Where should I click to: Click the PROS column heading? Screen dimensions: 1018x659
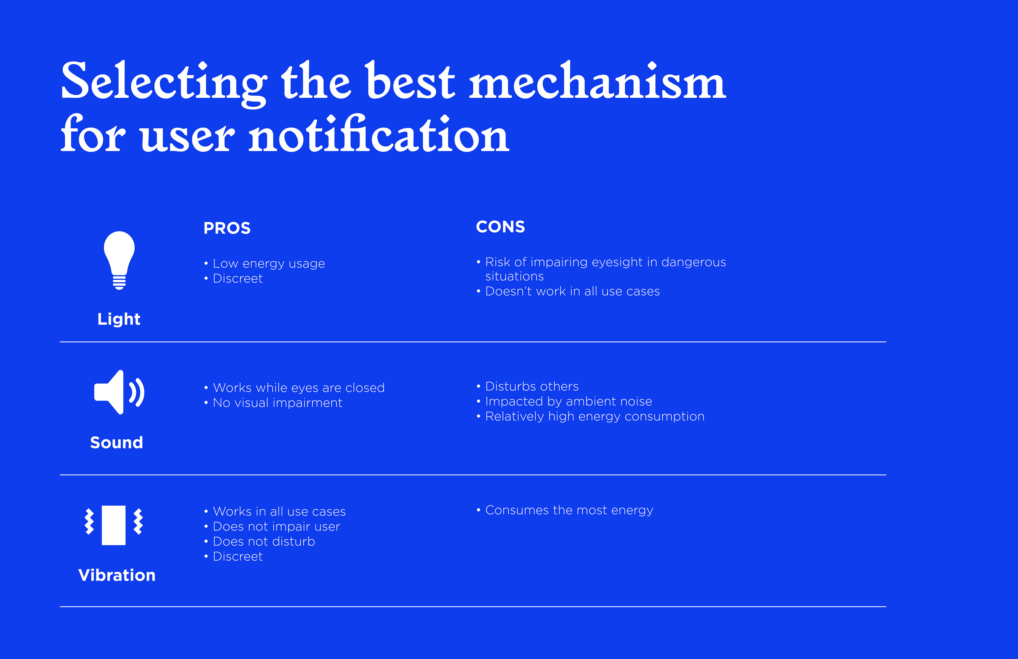[x=227, y=228]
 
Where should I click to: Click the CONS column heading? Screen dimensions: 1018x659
[x=501, y=227]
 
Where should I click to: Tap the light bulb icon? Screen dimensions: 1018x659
[x=119, y=260]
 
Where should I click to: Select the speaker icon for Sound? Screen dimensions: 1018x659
[x=119, y=392]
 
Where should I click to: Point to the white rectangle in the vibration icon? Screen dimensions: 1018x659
[x=114, y=525]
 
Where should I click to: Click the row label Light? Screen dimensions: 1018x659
[x=119, y=319]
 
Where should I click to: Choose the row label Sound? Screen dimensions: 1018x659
[x=117, y=442]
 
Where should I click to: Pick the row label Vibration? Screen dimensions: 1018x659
[x=117, y=575]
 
